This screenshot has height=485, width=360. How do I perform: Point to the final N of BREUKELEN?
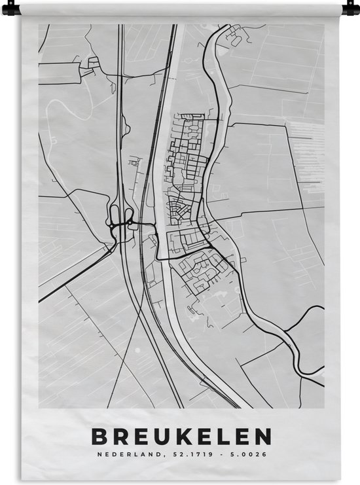[261, 436]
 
